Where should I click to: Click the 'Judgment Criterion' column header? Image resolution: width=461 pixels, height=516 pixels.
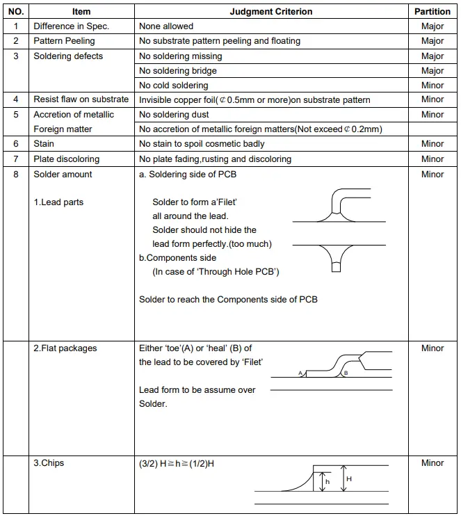[x=271, y=12]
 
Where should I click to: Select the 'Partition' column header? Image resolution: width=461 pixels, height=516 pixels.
[x=432, y=12]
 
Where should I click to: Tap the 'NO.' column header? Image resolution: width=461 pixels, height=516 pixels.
[x=16, y=12]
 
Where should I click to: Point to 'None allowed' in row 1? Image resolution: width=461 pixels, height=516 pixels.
[x=166, y=26]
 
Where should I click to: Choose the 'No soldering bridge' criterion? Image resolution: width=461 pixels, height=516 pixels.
[x=178, y=70]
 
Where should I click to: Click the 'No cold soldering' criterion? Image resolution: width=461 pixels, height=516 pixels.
[x=174, y=86]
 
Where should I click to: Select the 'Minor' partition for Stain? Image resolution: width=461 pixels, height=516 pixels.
[x=432, y=144]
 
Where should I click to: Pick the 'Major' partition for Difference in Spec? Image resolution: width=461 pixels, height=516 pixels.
[x=432, y=26]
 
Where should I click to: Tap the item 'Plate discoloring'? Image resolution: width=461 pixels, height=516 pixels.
[x=67, y=159]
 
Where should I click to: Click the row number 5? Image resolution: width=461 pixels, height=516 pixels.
[x=16, y=115]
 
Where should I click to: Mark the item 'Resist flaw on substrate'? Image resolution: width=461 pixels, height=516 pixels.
[x=81, y=100]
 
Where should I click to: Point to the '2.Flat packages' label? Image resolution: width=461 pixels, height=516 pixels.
[x=65, y=348]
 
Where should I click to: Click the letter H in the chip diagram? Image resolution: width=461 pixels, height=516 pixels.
[x=349, y=479]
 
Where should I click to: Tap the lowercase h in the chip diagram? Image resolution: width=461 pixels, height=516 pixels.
[x=327, y=481]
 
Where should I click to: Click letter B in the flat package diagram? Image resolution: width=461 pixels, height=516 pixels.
[x=346, y=373]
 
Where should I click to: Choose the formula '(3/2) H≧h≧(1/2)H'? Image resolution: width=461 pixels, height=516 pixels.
[x=177, y=464]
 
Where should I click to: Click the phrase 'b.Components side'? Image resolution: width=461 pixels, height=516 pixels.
[x=178, y=258]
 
